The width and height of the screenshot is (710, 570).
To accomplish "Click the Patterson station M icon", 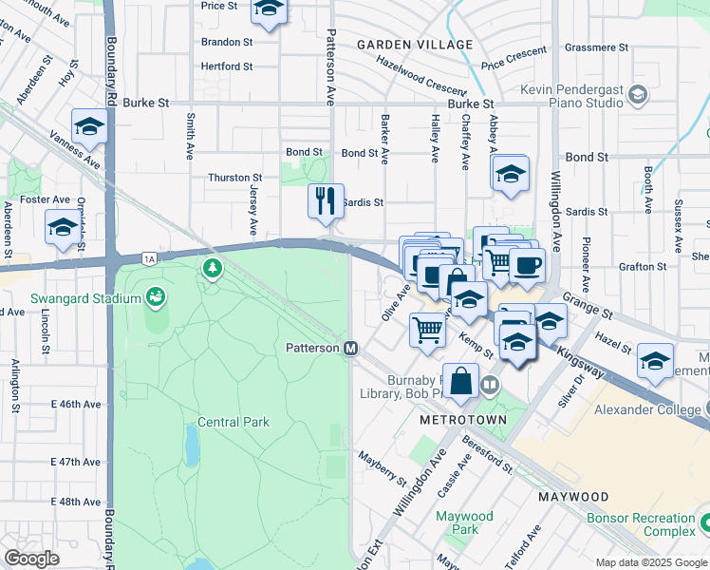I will point(350,349).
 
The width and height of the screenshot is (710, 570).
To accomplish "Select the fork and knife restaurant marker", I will point(325,201).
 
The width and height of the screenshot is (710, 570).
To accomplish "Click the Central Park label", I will point(234,422).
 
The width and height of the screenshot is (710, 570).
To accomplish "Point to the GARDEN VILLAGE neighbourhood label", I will point(415,45).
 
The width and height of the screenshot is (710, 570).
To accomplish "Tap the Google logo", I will point(31,559).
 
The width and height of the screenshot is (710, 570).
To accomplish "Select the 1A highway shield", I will point(148,258).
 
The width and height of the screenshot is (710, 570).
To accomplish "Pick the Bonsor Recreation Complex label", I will point(641,525).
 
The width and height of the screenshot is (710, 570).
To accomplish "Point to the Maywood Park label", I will point(464,522).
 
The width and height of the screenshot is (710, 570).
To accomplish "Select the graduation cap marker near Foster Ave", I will point(63,228).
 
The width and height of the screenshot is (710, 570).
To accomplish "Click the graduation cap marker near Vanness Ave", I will point(89,126).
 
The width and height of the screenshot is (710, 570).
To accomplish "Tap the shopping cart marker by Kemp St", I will point(427,331).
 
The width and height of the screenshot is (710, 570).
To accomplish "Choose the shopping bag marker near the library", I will point(460,381).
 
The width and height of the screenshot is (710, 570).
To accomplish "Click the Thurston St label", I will point(235,178).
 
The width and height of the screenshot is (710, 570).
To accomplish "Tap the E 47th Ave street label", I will point(76,462).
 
